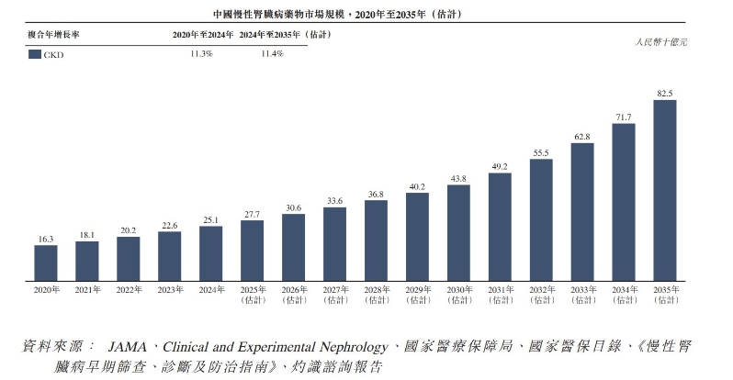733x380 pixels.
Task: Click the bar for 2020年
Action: pyautogui.click(x=46, y=263)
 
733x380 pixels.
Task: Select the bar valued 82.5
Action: pyautogui.click(x=665, y=190)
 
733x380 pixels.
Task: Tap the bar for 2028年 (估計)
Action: pyautogui.click(x=376, y=240)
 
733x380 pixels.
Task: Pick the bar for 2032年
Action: pyautogui.click(x=541, y=219)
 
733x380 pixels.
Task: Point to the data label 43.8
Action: pyautogui.click(x=458, y=178)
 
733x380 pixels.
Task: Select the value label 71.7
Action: pyautogui.click(x=624, y=117)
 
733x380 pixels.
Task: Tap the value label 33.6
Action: pyautogui.click(x=334, y=200)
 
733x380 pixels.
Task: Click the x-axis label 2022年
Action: pyautogui.click(x=129, y=290)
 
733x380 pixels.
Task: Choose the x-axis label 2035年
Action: pyautogui.click(x=665, y=290)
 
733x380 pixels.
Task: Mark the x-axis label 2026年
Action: pyautogui.click(x=293, y=290)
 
